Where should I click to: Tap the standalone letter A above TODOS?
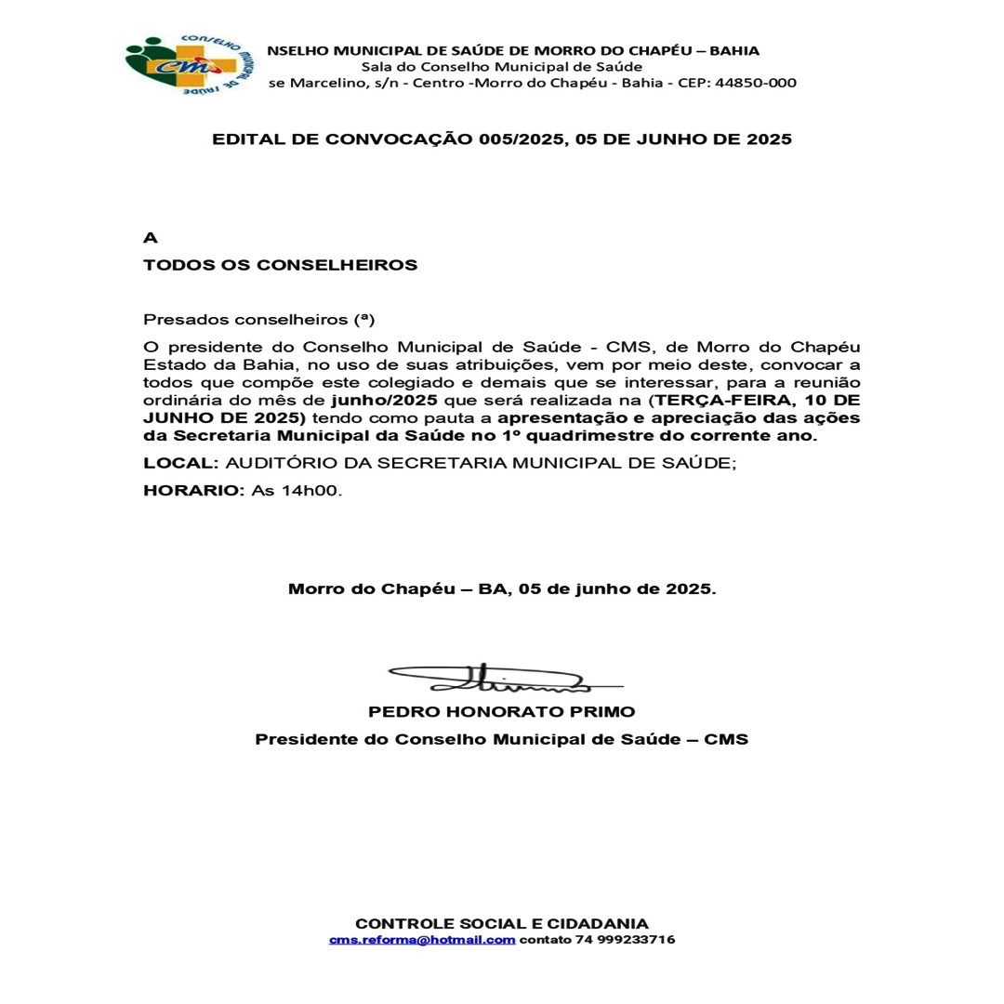pos(150,238)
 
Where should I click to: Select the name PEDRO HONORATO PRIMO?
pos(502,712)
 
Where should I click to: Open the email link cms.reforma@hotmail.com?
pos(422,940)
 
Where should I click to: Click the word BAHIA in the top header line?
pos(734,50)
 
